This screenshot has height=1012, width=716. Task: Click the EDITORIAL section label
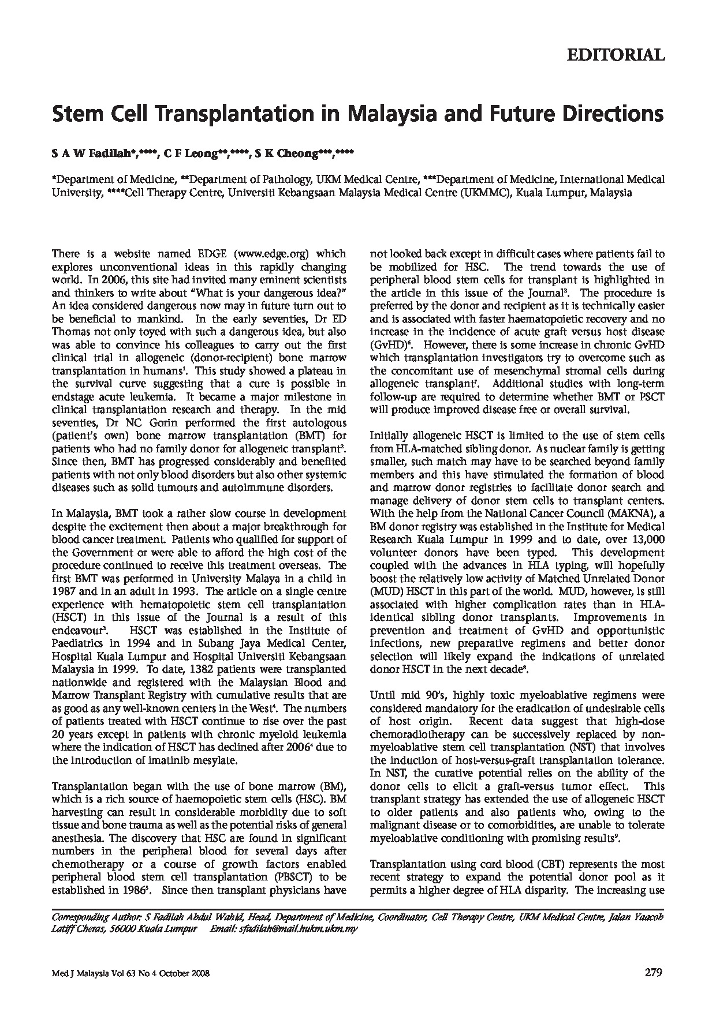(x=616, y=55)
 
